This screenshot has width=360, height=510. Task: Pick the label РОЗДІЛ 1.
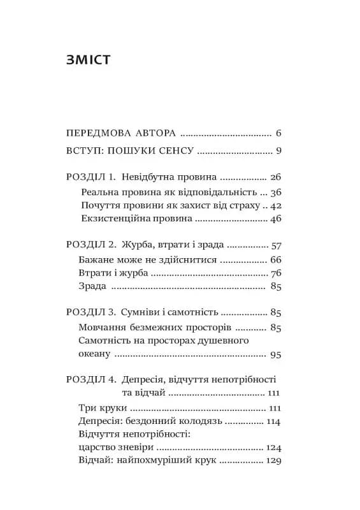(x=90, y=177)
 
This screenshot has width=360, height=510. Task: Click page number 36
(x=276, y=191)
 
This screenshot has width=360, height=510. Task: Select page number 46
(x=276, y=219)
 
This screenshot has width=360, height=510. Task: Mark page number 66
(x=276, y=260)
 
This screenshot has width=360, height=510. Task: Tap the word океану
(x=97, y=354)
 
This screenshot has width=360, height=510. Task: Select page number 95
(x=276, y=354)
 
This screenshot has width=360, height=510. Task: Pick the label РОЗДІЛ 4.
(x=90, y=380)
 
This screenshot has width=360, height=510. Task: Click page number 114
(x=273, y=421)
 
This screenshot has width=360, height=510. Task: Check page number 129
(x=273, y=462)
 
